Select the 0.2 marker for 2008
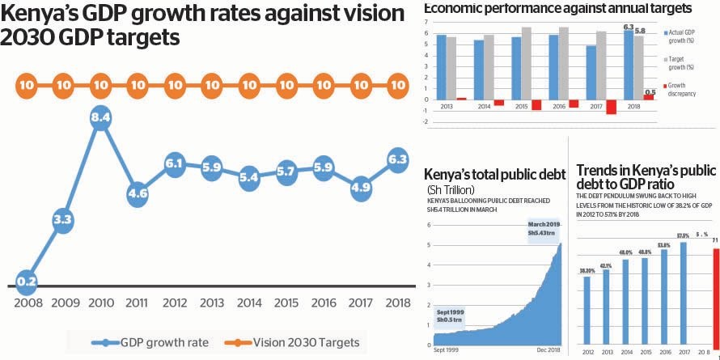(x=27, y=282)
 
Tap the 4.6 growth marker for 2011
(x=138, y=194)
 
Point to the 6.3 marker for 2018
(x=396, y=160)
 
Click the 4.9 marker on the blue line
(x=359, y=190)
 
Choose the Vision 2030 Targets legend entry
(x=294, y=342)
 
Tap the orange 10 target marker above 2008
(x=27, y=84)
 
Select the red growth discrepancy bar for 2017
(x=612, y=107)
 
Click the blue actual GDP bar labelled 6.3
(x=629, y=64)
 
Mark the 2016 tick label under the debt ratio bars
(x=664, y=353)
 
